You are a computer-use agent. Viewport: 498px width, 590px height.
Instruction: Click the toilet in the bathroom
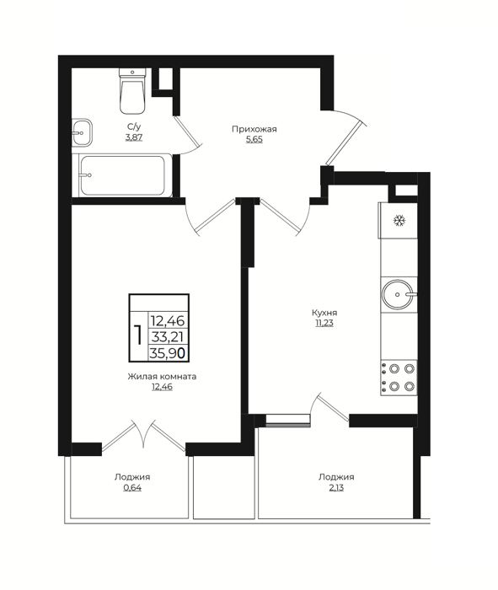(x=132, y=91)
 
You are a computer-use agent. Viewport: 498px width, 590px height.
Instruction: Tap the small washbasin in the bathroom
(x=82, y=132)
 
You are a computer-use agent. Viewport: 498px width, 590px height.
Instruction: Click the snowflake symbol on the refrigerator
(x=399, y=221)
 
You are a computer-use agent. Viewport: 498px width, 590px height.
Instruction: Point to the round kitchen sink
(x=399, y=295)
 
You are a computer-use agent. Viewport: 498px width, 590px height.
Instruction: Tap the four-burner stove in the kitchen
(x=399, y=378)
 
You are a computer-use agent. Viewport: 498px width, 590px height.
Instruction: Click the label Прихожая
(x=254, y=130)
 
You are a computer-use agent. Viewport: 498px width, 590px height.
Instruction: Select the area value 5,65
(x=254, y=140)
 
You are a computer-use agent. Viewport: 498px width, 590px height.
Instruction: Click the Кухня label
(x=324, y=313)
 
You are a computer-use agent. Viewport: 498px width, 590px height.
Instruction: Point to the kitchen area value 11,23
(x=324, y=323)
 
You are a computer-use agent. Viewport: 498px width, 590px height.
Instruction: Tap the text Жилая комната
(x=162, y=376)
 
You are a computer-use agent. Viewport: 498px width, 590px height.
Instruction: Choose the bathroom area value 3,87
(x=134, y=137)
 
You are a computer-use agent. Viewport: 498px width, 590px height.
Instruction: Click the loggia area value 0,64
(x=133, y=488)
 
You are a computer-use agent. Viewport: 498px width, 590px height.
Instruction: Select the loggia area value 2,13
(x=336, y=488)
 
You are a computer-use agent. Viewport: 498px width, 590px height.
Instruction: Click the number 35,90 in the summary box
(x=168, y=353)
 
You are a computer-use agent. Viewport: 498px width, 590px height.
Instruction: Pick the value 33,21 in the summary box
(x=168, y=337)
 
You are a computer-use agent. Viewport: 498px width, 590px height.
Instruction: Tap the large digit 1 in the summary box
(x=138, y=335)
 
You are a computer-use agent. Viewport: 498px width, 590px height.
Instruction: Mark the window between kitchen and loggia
(x=287, y=421)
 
